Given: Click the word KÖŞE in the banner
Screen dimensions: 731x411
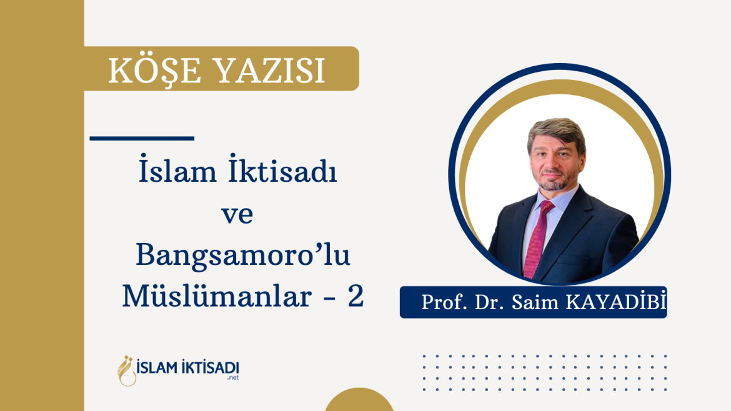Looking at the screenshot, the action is point(155,71).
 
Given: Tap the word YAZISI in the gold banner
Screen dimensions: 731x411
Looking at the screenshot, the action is point(271,71).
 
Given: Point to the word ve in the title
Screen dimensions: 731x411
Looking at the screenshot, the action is point(237,215).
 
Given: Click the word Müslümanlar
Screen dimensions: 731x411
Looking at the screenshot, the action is point(217,295).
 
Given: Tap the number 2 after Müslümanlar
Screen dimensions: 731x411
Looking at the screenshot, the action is point(356,296).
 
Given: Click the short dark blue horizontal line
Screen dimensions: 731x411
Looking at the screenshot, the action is point(142,138).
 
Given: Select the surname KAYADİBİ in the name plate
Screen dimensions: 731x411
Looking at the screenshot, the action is point(616,302).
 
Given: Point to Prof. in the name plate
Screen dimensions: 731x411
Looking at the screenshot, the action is point(444,302).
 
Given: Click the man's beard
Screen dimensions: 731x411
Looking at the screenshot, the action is point(554,181).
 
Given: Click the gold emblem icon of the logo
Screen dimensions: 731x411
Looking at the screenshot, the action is point(126,371).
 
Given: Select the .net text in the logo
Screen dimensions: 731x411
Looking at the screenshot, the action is point(232,378).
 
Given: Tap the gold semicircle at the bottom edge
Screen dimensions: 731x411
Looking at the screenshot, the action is point(359,401).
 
